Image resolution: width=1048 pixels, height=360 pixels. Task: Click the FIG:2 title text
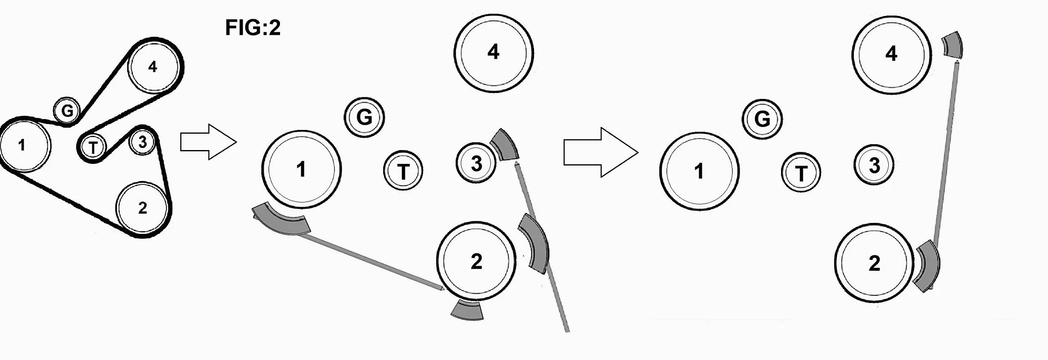click(253, 28)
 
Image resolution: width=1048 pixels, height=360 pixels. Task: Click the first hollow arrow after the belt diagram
click(208, 142)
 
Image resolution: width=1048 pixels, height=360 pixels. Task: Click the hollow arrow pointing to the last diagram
click(601, 152)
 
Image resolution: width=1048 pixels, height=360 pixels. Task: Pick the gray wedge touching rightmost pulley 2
click(927, 266)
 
